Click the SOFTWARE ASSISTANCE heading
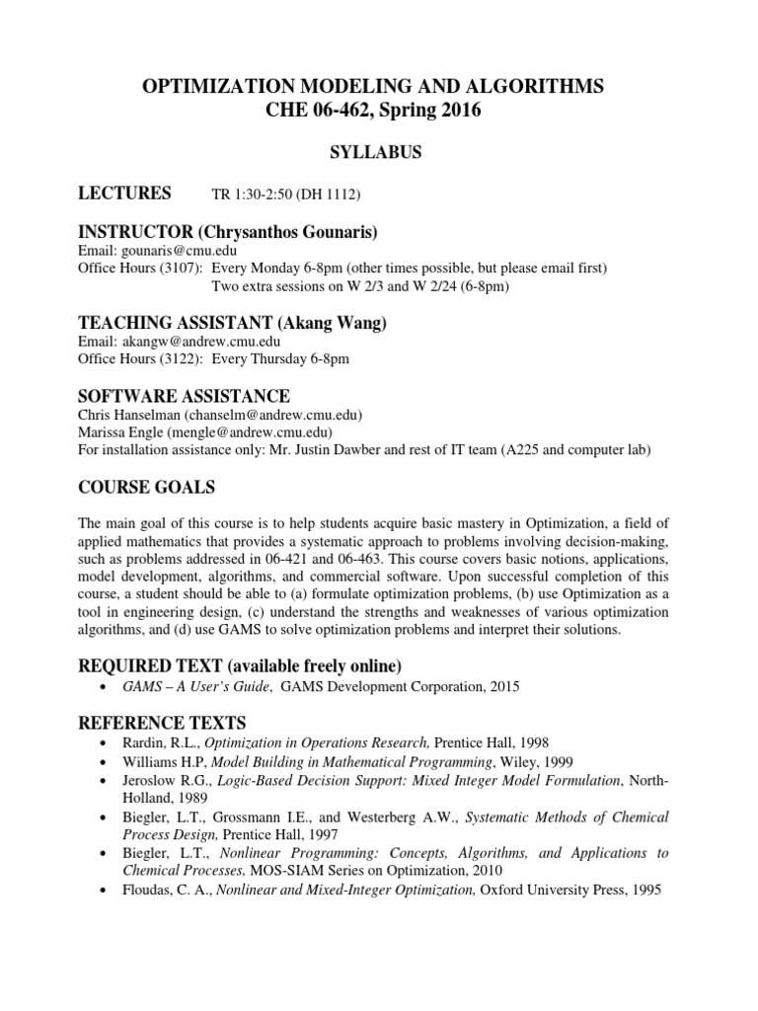184,396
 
